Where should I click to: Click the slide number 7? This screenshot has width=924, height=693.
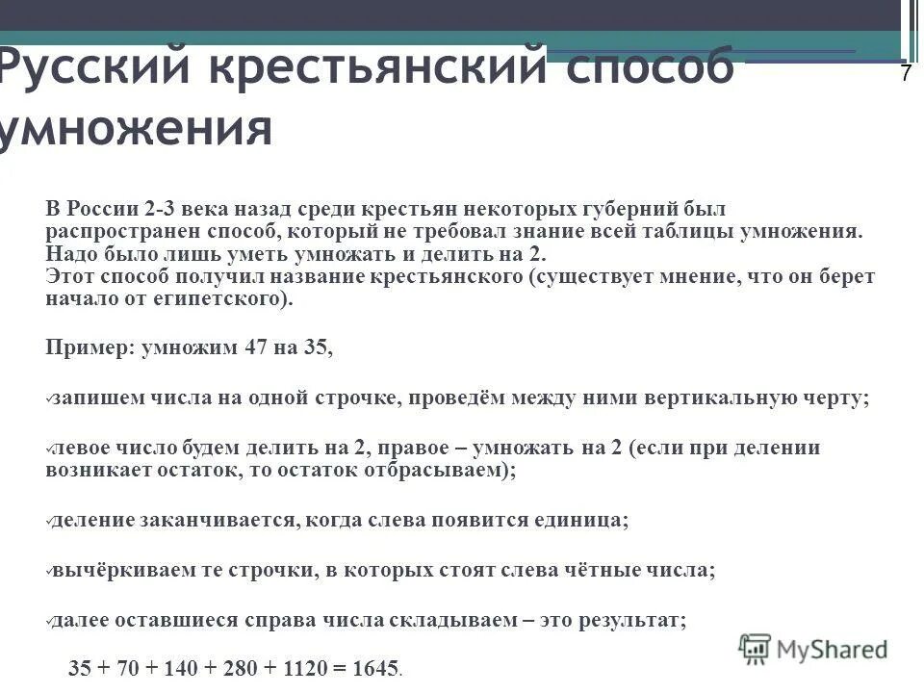click(x=906, y=74)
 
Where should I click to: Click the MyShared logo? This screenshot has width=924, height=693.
click(x=813, y=648)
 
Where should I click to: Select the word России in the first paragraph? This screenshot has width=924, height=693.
click(x=102, y=209)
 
